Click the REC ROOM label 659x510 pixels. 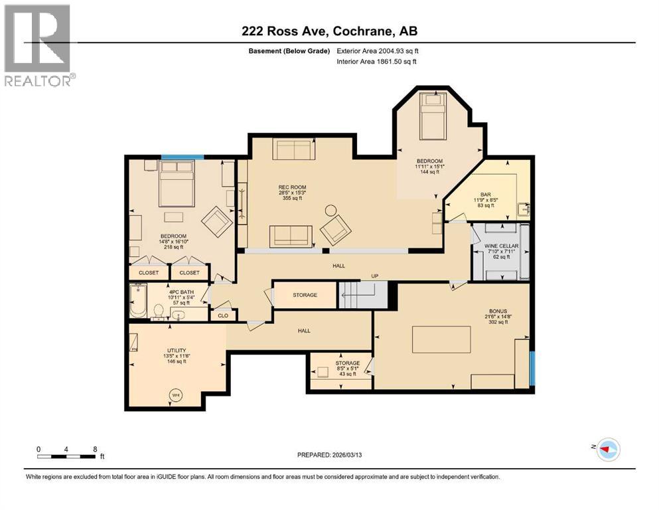click(x=287, y=187)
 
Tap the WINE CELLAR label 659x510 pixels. click(x=501, y=246)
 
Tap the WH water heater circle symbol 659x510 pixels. click(x=176, y=396)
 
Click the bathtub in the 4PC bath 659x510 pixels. click(x=138, y=301)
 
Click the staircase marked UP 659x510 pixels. click(x=363, y=294)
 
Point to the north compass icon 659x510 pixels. click(x=605, y=450)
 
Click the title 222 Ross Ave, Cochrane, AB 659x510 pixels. click(x=329, y=31)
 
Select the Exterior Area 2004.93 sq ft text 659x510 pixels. click(x=378, y=51)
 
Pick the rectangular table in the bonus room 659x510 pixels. click(x=441, y=339)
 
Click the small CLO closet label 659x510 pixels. click(x=223, y=316)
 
